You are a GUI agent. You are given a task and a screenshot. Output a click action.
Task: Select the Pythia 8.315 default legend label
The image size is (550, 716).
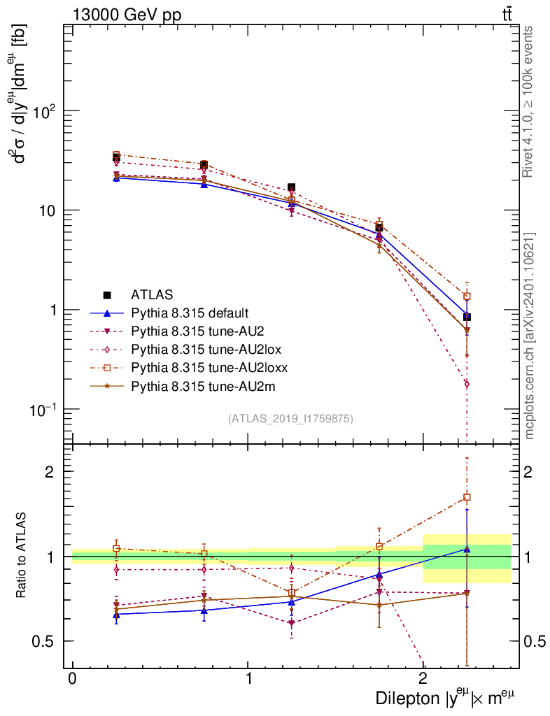click(190, 313)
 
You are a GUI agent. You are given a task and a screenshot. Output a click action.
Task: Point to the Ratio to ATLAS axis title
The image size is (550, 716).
click(23, 557)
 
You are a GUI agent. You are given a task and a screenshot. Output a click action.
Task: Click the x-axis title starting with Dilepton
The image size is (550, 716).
click(448, 697)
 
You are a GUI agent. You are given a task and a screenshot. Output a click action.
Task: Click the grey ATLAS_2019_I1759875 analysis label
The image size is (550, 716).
click(290, 419)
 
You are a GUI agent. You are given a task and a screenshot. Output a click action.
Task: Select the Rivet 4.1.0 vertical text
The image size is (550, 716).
click(530, 101)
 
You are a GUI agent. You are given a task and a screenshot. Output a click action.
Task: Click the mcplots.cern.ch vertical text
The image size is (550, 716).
click(530, 336)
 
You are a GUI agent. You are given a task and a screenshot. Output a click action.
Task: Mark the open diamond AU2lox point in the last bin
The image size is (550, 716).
click(467, 384)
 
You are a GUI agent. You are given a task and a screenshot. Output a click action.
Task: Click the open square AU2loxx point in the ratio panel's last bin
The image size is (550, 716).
click(467, 497)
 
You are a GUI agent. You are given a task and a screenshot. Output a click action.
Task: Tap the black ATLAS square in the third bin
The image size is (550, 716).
click(291, 187)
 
